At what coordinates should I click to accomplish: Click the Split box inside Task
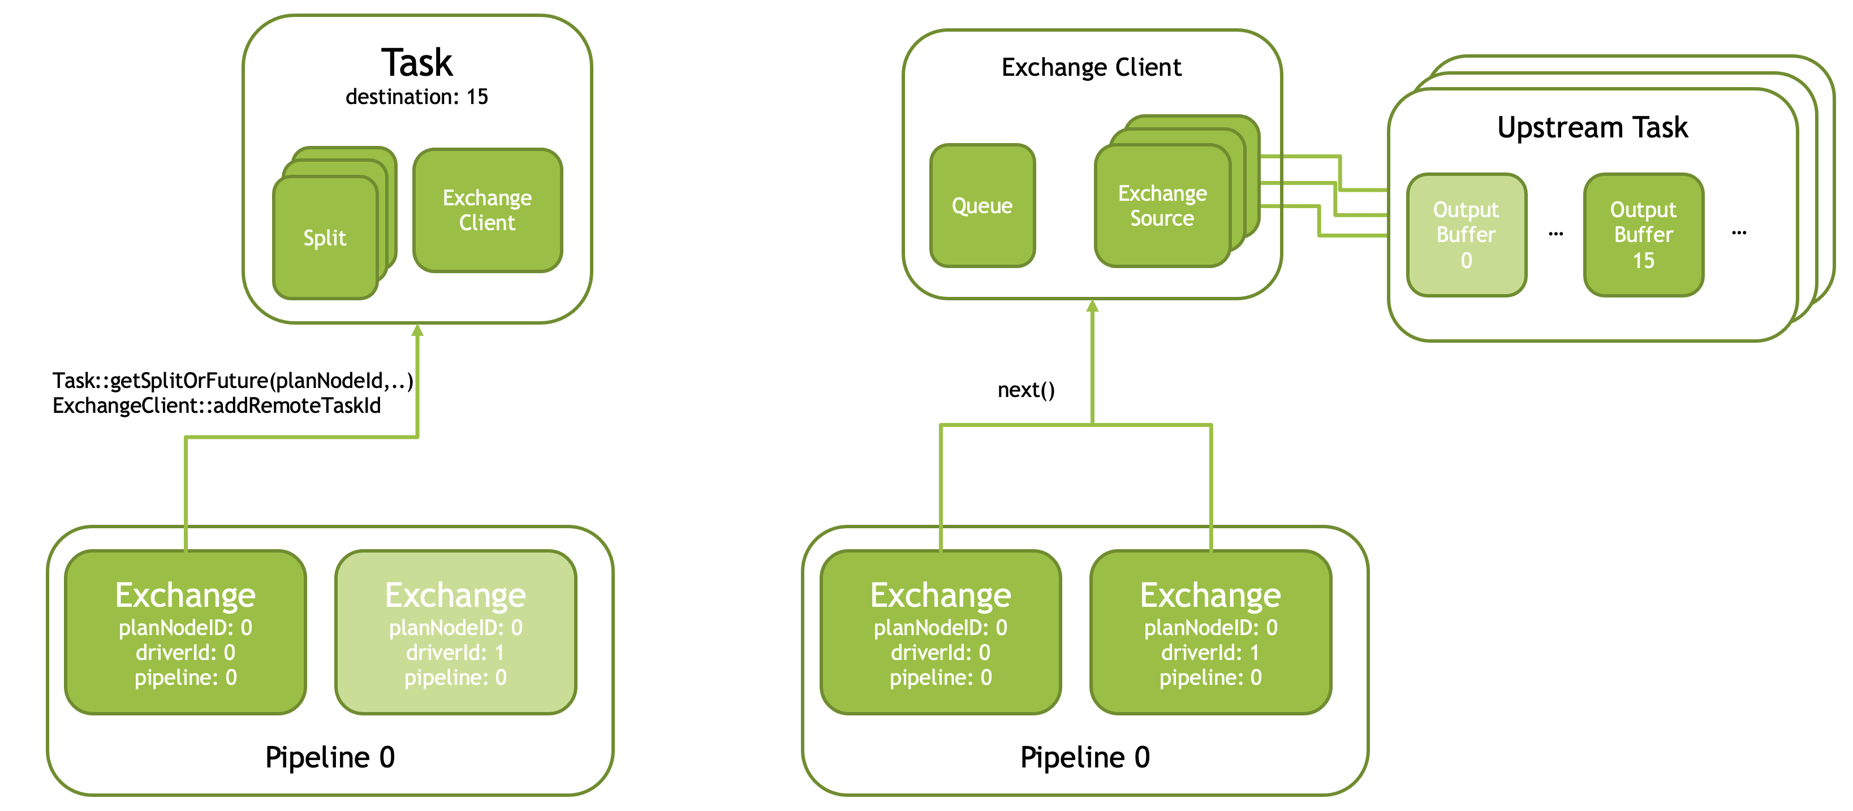tap(326, 238)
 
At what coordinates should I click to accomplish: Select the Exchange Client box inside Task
tap(488, 210)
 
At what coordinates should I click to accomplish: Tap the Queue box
tap(982, 206)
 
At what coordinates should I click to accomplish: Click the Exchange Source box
tap(1162, 206)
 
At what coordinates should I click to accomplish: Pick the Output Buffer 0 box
tap(1466, 234)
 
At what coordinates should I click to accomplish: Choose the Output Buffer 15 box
tap(1644, 234)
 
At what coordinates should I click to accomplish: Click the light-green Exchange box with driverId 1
tap(456, 632)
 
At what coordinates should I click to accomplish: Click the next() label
tap(1026, 390)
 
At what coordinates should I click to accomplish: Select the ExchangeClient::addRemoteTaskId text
tap(217, 405)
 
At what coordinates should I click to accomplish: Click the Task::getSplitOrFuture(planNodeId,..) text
tap(233, 381)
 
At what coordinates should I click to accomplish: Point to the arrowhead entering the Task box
tap(417, 330)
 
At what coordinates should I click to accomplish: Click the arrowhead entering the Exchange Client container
tap(1092, 305)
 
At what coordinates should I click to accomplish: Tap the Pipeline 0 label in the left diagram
tap(330, 757)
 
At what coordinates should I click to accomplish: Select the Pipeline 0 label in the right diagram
tap(1085, 757)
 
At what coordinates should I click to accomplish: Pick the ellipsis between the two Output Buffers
tap(1556, 234)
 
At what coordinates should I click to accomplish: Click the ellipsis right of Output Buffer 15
tap(1739, 233)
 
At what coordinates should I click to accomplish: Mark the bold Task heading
tap(417, 63)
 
